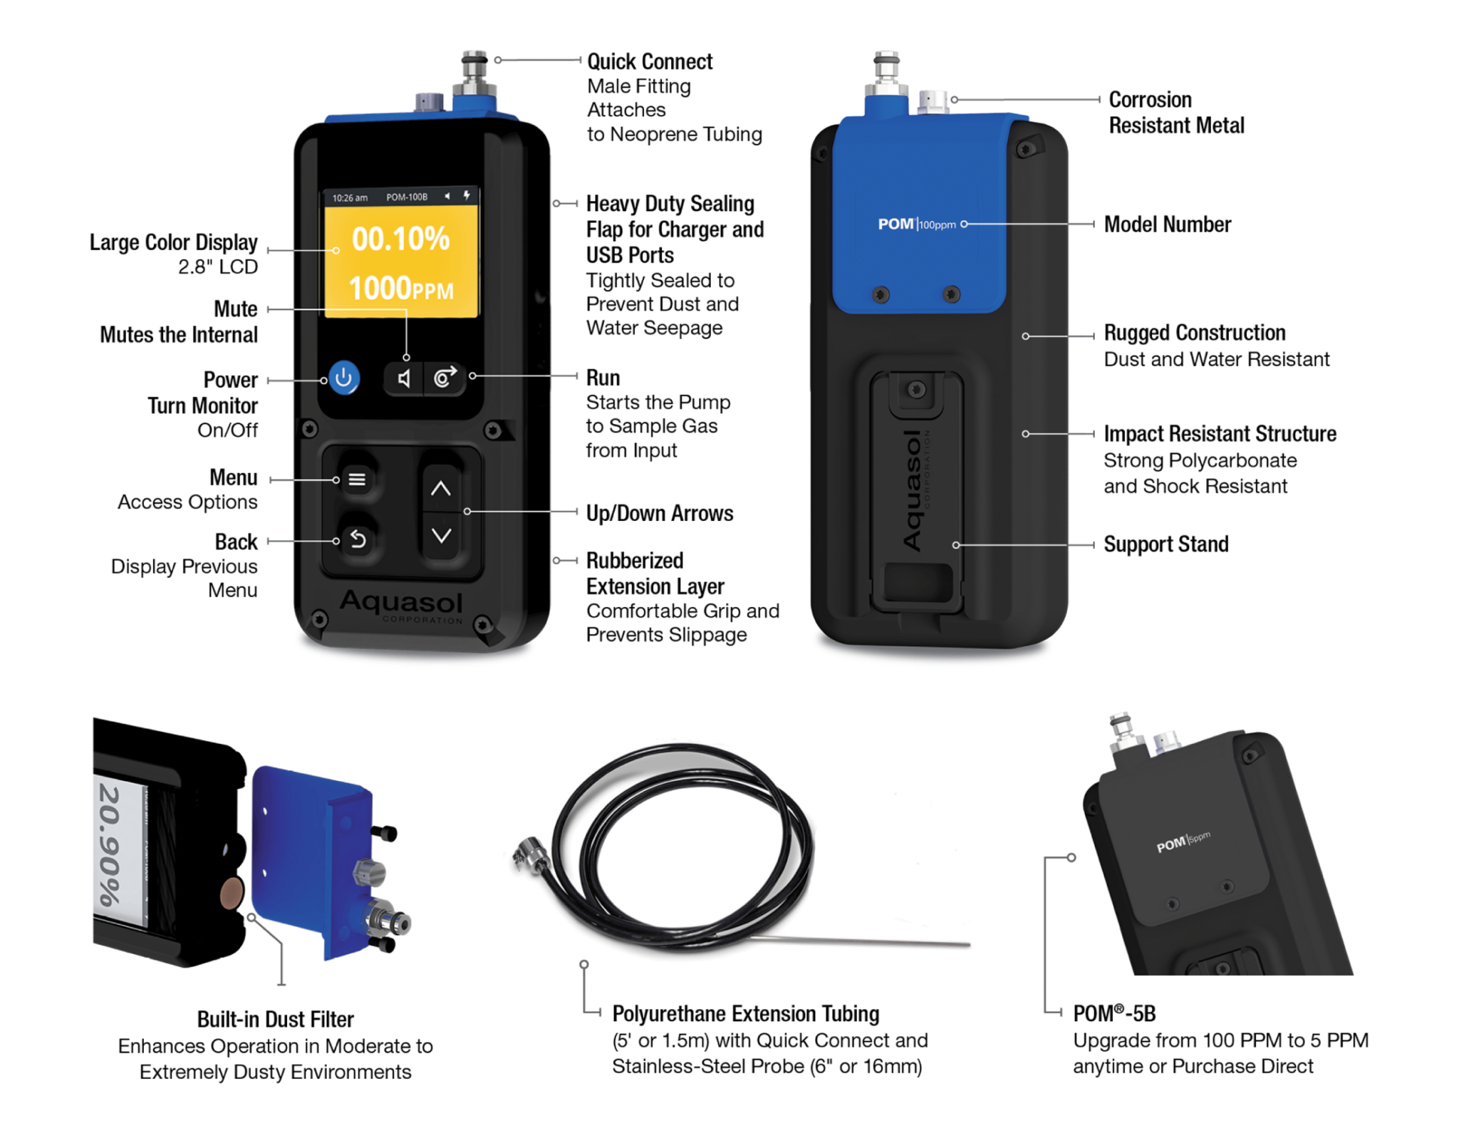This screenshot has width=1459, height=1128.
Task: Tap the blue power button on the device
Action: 343,378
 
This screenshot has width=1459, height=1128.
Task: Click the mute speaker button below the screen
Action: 404,378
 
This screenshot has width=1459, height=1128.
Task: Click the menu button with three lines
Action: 357,480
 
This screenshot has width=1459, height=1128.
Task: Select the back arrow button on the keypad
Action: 358,540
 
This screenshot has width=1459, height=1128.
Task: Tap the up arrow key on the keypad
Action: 441,489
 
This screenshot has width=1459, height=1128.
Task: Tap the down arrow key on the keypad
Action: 441,536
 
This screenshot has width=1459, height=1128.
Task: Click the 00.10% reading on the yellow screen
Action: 400,239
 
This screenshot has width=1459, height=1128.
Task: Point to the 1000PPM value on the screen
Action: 400,289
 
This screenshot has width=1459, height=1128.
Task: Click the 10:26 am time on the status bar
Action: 350,197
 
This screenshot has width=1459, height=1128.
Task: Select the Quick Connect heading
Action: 649,62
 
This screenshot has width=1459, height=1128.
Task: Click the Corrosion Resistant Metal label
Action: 1175,113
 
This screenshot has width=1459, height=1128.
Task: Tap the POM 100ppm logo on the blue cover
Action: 916,224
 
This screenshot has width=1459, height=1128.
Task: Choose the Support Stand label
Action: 1165,544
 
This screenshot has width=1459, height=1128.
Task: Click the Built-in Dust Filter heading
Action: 275,1019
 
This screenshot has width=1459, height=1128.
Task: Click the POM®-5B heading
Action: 1113,1013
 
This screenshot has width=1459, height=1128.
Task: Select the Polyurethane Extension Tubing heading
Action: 745,1013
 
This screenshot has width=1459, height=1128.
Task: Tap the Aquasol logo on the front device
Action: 401,603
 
